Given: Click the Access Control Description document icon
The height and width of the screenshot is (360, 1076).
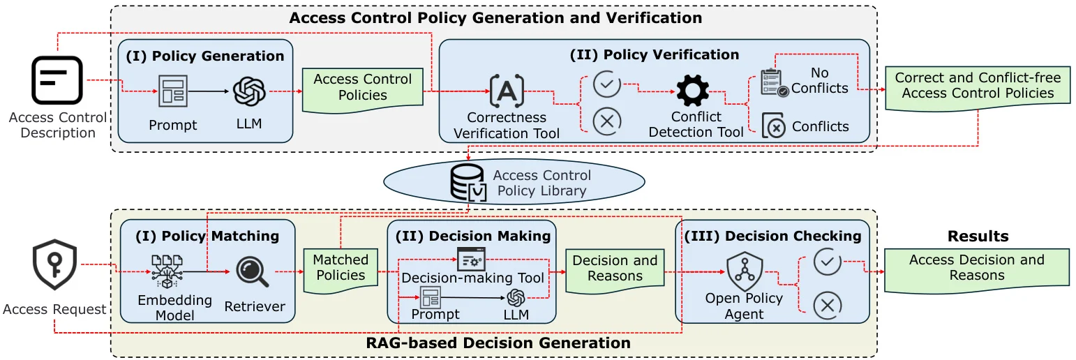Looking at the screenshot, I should coord(57,80).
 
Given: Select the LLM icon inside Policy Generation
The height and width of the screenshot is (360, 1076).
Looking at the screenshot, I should coord(249,91).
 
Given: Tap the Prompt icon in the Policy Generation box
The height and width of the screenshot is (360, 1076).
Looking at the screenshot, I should coord(172,91).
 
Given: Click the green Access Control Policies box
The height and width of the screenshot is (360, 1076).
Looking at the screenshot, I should coord(362,88).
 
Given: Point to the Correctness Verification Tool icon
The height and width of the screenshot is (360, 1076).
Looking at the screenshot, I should coord(507,90).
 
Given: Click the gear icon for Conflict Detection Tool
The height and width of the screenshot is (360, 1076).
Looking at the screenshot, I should coord(692,90).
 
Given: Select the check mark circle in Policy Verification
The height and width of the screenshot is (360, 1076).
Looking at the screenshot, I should coord(606,84).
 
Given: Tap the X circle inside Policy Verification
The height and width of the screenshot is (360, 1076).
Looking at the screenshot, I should coord(606,121).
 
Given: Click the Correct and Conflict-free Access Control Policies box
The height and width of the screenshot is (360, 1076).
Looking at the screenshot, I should coord(978,87).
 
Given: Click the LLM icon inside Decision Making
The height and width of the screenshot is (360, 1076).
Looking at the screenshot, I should coord(516,299).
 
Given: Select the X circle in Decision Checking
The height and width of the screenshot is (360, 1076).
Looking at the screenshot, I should coord(828,305).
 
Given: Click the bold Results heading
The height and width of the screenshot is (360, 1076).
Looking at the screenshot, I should coord(978,237).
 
